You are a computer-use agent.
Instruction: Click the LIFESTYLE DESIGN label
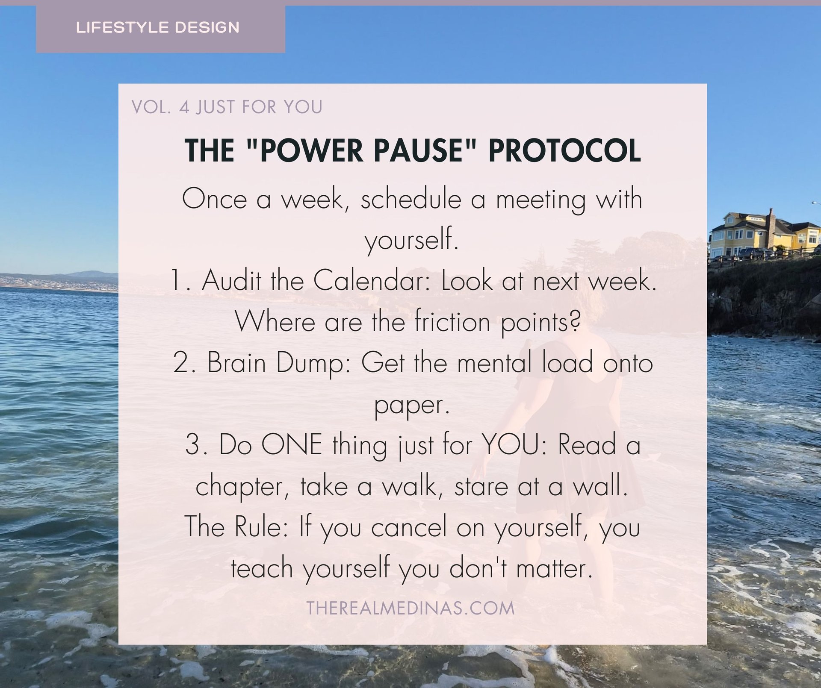[157, 28]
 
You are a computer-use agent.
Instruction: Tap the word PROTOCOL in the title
[564, 151]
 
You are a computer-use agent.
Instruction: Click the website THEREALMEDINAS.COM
[410, 608]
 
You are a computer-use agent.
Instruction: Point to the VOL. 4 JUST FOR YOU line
[227, 107]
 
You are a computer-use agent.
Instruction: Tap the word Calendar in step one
[371, 281]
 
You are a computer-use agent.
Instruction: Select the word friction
[452, 322]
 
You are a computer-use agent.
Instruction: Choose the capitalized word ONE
[292, 445]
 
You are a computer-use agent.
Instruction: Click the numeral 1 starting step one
[176, 281]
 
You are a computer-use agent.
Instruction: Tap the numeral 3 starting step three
[193, 445]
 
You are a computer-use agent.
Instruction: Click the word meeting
[540, 200]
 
